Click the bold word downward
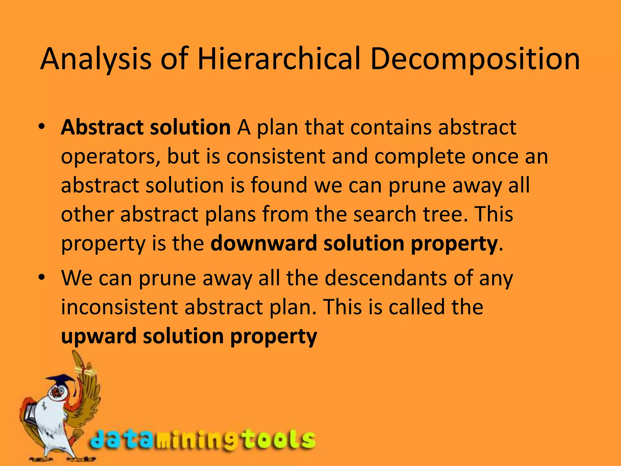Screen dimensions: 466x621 pos(264,243)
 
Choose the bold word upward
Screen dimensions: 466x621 pos(99,336)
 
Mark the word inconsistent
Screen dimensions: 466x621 pos(119,307)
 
